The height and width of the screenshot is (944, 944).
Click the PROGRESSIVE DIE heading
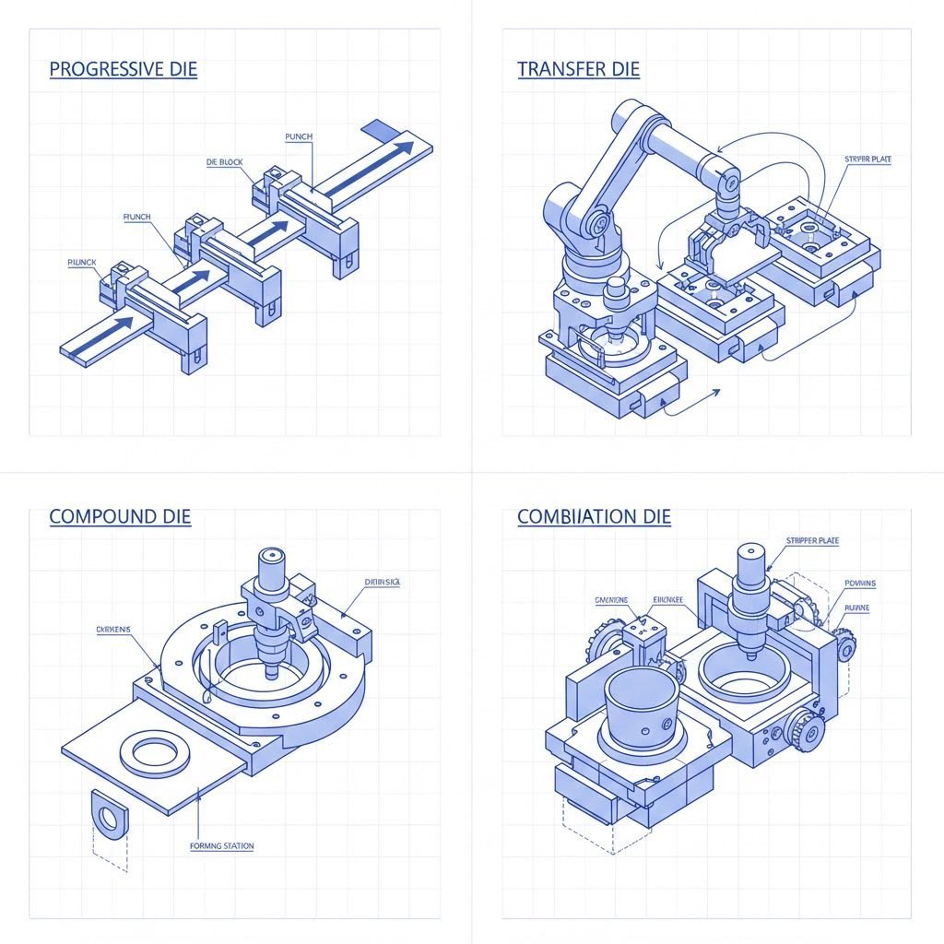click(123, 69)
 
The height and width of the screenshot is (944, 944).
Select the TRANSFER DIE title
click(578, 69)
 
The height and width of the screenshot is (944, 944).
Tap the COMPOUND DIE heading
click(120, 516)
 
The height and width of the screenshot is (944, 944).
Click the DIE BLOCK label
click(224, 162)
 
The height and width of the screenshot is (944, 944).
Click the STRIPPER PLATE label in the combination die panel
click(811, 541)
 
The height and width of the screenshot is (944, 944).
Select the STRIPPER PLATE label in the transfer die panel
click(867, 159)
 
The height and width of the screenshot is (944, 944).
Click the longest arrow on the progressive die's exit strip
click(369, 163)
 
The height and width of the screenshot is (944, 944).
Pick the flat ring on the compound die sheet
click(156, 753)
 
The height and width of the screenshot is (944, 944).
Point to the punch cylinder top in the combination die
click(749, 553)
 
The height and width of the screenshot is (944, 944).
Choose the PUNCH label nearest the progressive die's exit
click(300, 136)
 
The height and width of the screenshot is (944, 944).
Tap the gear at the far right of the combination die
click(844, 648)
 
